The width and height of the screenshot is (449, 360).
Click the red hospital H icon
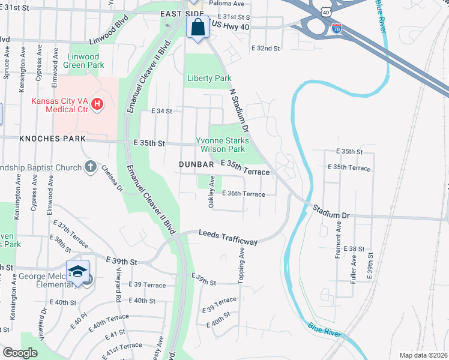pyautogui.click(x=97, y=106)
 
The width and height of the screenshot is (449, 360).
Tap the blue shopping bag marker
pyautogui.click(x=197, y=27)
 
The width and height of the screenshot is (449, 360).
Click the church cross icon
pyautogui.click(x=90, y=166)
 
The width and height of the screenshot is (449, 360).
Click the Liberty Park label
pyautogui.click(x=209, y=78)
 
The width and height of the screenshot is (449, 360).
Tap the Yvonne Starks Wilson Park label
pyautogui.click(x=221, y=145)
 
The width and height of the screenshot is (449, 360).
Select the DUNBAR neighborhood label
pyautogui.click(x=196, y=164)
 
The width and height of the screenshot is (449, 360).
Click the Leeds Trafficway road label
pyautogui.click(x=229, y=237)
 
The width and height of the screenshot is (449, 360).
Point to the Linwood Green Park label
pyautogui.click(x=86, y=60)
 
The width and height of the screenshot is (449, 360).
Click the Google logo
pyautogui.click(x=20, y=353)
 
